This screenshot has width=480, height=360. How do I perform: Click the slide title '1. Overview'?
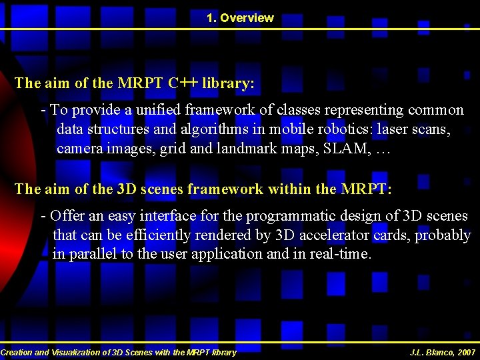(240, 18)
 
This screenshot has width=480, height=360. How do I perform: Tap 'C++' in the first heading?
(182, 84)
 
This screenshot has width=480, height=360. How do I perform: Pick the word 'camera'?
(79, 148)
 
